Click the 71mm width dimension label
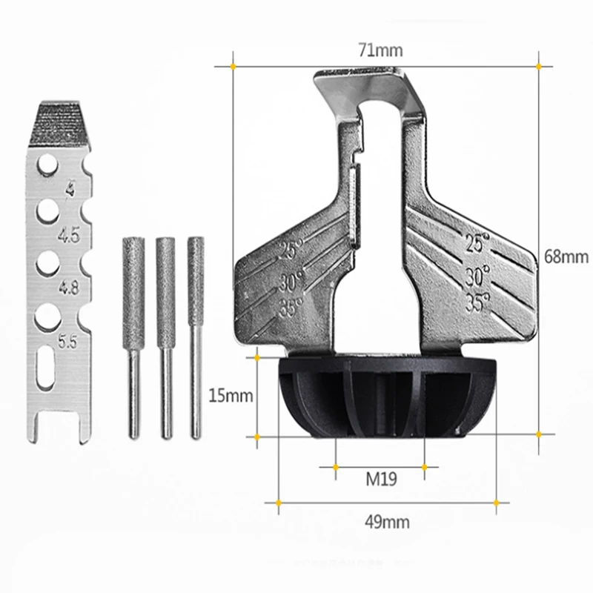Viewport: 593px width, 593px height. point(380,50)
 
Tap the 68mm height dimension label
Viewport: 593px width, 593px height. point(566,256)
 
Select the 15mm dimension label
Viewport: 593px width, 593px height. point(231,396)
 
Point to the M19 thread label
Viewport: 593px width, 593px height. point(381,479)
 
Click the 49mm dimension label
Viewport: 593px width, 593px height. point(387,523)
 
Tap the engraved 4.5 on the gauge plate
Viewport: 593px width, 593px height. point(69,235)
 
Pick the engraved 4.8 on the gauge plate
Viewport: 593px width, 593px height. point(69,288)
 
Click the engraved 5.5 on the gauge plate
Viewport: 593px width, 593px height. point(67,341)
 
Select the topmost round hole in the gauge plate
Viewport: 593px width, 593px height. point(47,165)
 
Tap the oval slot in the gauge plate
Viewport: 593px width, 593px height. point(46,367)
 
